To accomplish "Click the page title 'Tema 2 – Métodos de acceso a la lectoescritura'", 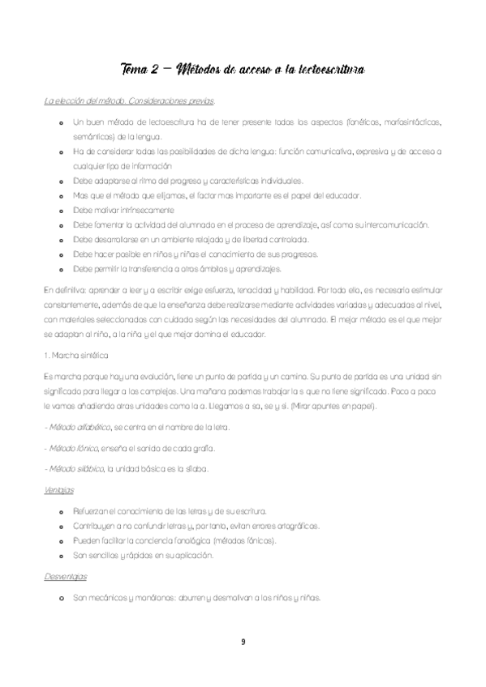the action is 243,70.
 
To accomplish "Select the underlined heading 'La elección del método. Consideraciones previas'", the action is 129,100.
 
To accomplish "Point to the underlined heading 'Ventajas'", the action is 59,490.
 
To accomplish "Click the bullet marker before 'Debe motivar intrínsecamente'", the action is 62,210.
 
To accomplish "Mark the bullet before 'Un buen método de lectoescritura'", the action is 62,122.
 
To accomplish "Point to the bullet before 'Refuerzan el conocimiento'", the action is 62,512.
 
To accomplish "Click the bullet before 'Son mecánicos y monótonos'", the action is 62,599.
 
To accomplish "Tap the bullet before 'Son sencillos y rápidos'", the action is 62,556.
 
